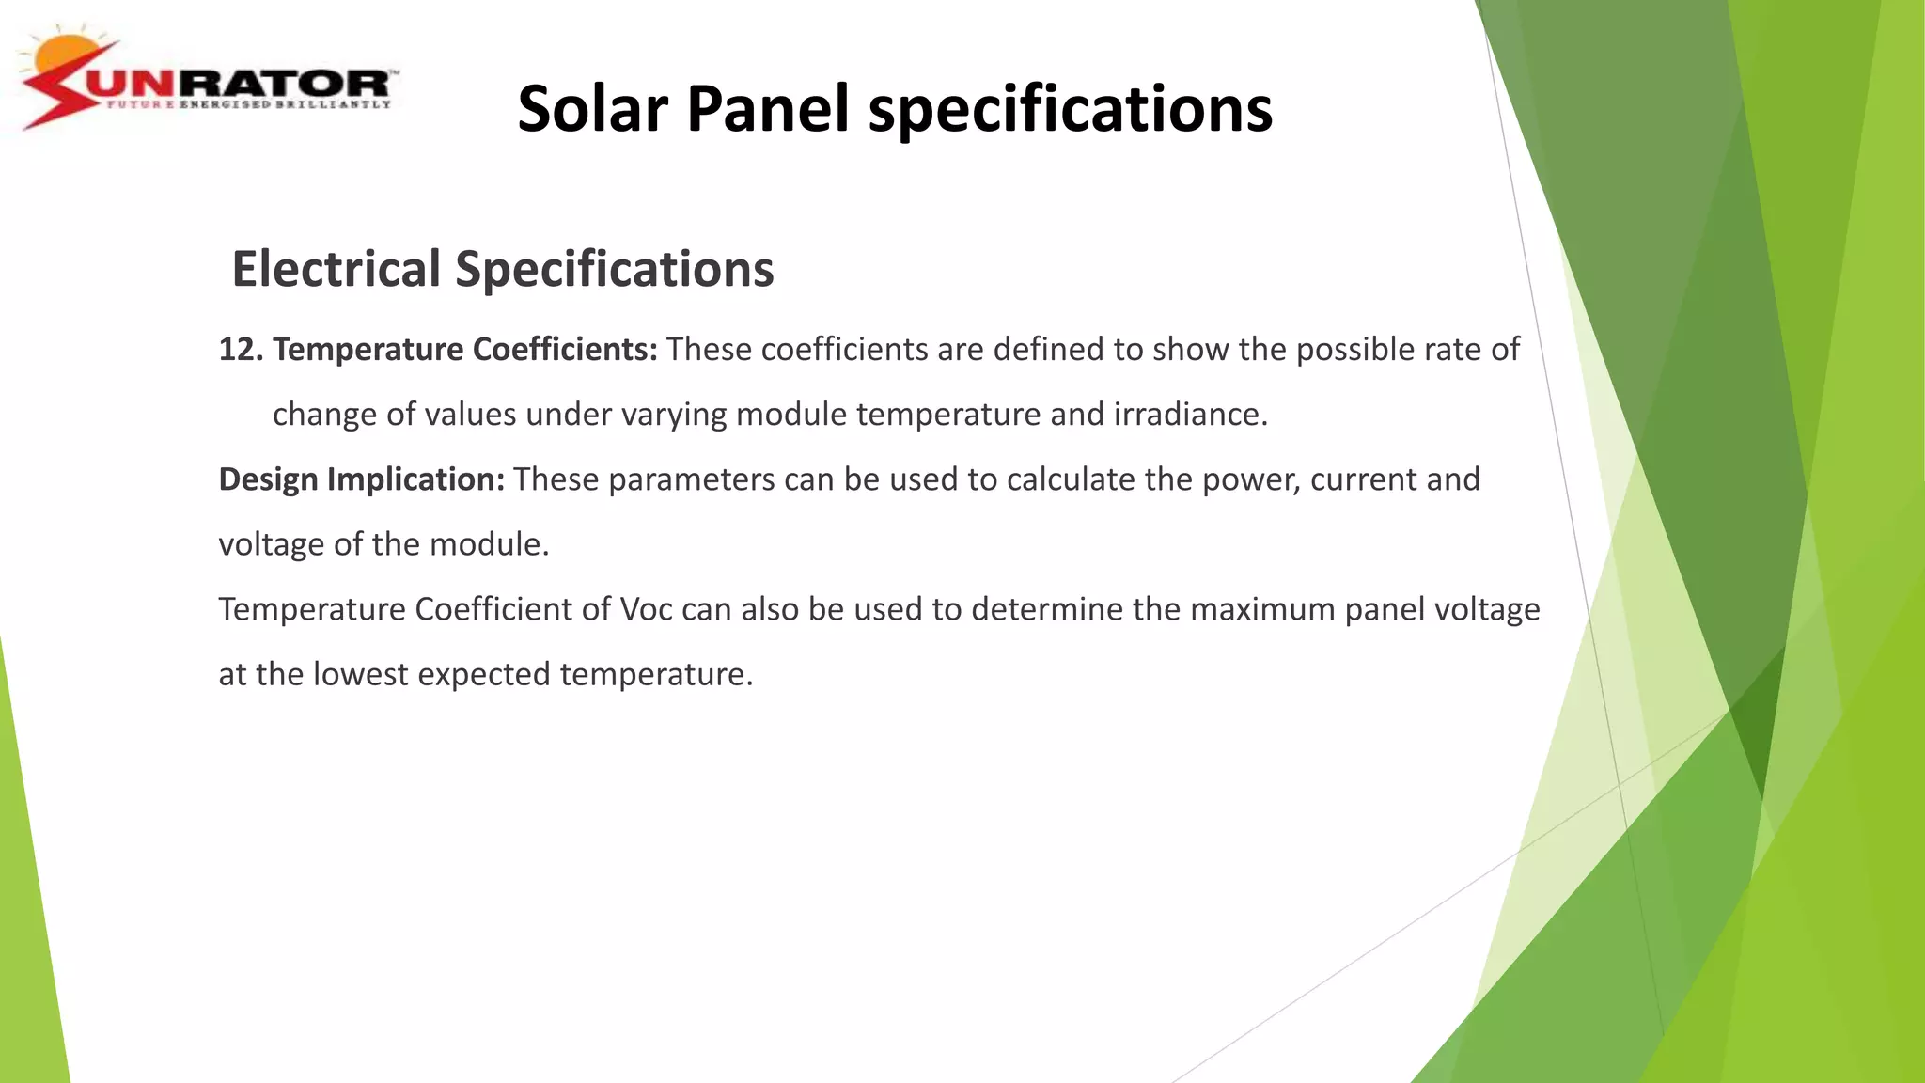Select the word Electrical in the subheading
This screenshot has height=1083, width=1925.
pyautogui.click(x=336, y=269)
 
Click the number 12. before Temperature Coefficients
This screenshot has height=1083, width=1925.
pyautogui.click(x=241, y=350)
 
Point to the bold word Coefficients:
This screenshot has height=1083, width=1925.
pyautogui.click(x=564, y=350)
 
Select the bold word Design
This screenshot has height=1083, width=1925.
pyautogui.click(x=268, y=479)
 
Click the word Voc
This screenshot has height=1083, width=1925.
pyautogui.click(x=646, y=609)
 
